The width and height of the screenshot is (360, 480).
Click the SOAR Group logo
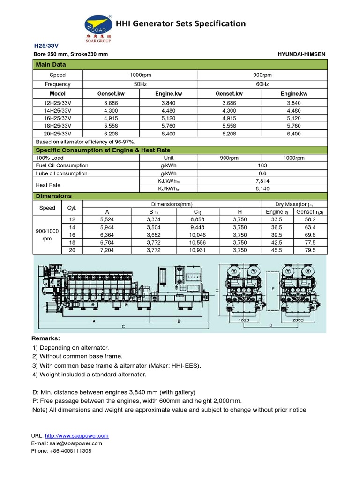[x=98, y=27]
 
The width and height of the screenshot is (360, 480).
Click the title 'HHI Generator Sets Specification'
[x=180, y=23]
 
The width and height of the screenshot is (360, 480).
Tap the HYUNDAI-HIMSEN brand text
[x=301, y=54]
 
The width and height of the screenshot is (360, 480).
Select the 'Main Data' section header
[x=51, y=64]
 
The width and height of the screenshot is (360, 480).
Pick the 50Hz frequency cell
[x=140, y=84]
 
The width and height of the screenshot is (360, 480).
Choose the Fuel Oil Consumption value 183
[x=262, y=165]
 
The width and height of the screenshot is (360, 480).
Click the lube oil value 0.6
[x=262, y=173]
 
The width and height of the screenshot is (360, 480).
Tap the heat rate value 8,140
[x=262, y=188]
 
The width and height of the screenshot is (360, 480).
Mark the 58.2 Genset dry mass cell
[x=309, y=219]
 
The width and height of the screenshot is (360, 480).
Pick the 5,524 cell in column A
[x=107, y=219]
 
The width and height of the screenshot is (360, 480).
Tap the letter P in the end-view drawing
[x=272, y=289]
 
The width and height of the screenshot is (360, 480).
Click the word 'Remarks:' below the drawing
[x=46, y=338]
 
